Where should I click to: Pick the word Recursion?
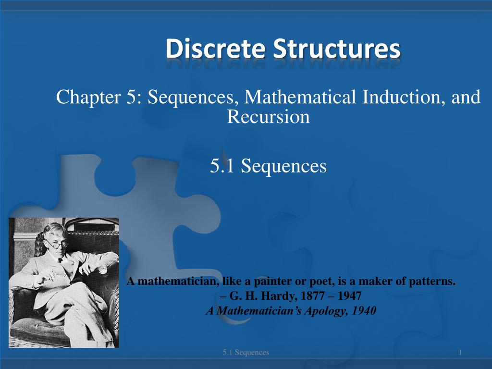click(268, 117)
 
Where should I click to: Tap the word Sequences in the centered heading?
click(283, 166)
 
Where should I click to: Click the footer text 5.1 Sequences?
click(246, 353)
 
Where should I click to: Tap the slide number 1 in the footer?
click(460, 353)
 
